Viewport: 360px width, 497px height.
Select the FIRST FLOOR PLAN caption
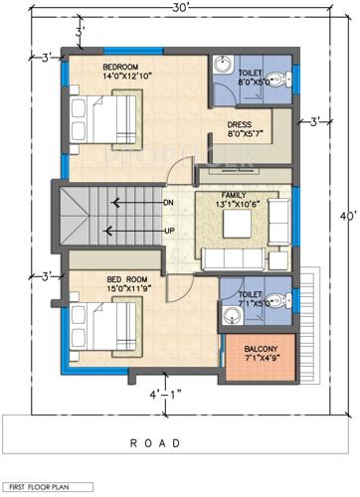[x=40, y=486]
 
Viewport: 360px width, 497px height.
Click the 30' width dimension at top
[x=180, y=8]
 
